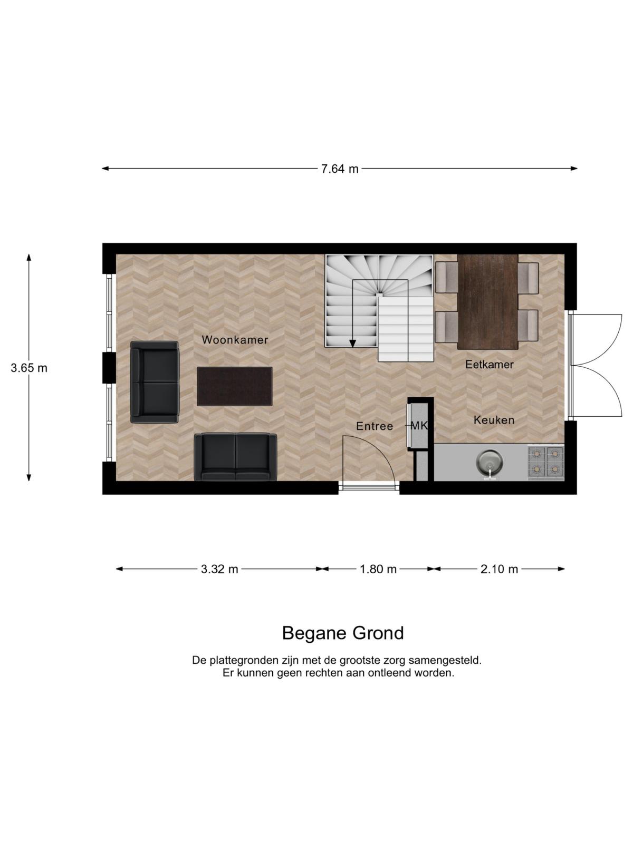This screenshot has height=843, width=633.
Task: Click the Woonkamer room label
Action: pyautogui.click(x=234, y=340)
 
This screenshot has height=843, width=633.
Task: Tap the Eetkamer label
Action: pyautogui.click(x=490, y=365)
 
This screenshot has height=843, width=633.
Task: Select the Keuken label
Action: pyautogui.click(x=494, y=420)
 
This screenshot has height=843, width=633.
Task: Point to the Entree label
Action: pyautogui.click(x=375, y=426)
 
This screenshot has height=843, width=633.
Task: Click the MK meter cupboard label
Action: pyautogui.click(x=420, y=426)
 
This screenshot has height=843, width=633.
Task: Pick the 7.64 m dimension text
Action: pyautogui.click(x=340, y=169)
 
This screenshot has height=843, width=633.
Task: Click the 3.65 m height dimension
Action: pyautogui.click(x=29, y=368)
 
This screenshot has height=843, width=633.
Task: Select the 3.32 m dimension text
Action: pyautogui.click(x=219, y=569)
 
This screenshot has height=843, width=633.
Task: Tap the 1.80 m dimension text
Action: pyautogui.click(x=378, y=569)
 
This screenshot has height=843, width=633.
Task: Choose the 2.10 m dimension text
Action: pyautogui.click(x=499, y=569)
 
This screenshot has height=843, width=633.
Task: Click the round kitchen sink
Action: pyautogui.click(x=490, y=461)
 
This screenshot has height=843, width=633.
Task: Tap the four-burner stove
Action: pyautogui.click(x=546, y=463)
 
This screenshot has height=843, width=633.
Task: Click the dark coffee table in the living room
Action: pyautogui.click(x=234, y=386)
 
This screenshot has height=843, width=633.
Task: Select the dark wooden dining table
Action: pyautogui.click(x=487, y=301)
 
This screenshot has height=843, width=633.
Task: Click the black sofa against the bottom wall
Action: pyautogui.click(x=235, y=457)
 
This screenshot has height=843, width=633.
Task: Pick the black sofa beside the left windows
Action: pyautogui.click(x=154, y=382)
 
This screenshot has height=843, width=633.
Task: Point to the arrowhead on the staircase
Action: pyautogui.click(x=352, y=344)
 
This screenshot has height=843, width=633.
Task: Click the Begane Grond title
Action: pyautogui.click(x=343, y=633)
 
